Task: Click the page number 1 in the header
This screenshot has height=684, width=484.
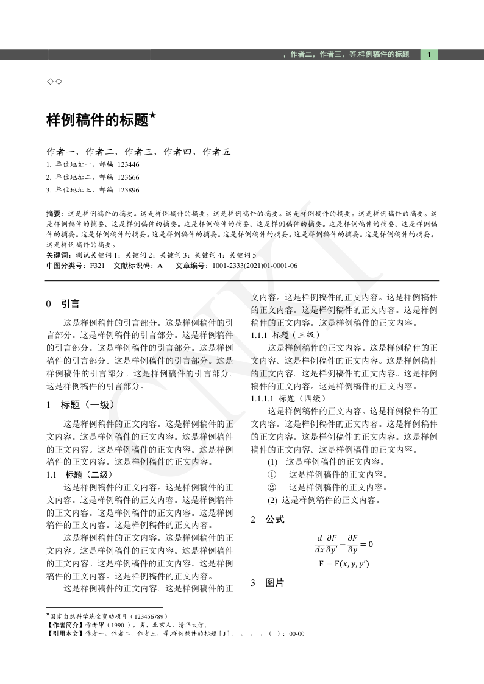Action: coord(429,55)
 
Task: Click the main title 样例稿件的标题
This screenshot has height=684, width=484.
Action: coord(98,120)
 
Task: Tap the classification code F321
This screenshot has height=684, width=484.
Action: coord(97,266)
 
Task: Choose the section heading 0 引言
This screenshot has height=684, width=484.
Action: coord(63,303)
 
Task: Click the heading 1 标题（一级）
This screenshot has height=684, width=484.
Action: coord(80,404)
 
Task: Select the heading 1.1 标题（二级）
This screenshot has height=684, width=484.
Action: coord(79,474)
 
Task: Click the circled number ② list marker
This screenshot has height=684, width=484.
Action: coord(272,487)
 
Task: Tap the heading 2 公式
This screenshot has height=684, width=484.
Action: coord(268,520)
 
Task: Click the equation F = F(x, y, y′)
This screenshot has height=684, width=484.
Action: coord(344,564)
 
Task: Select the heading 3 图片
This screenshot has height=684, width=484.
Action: coord(268,583)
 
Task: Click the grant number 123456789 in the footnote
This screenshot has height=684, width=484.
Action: coord(146,616)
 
